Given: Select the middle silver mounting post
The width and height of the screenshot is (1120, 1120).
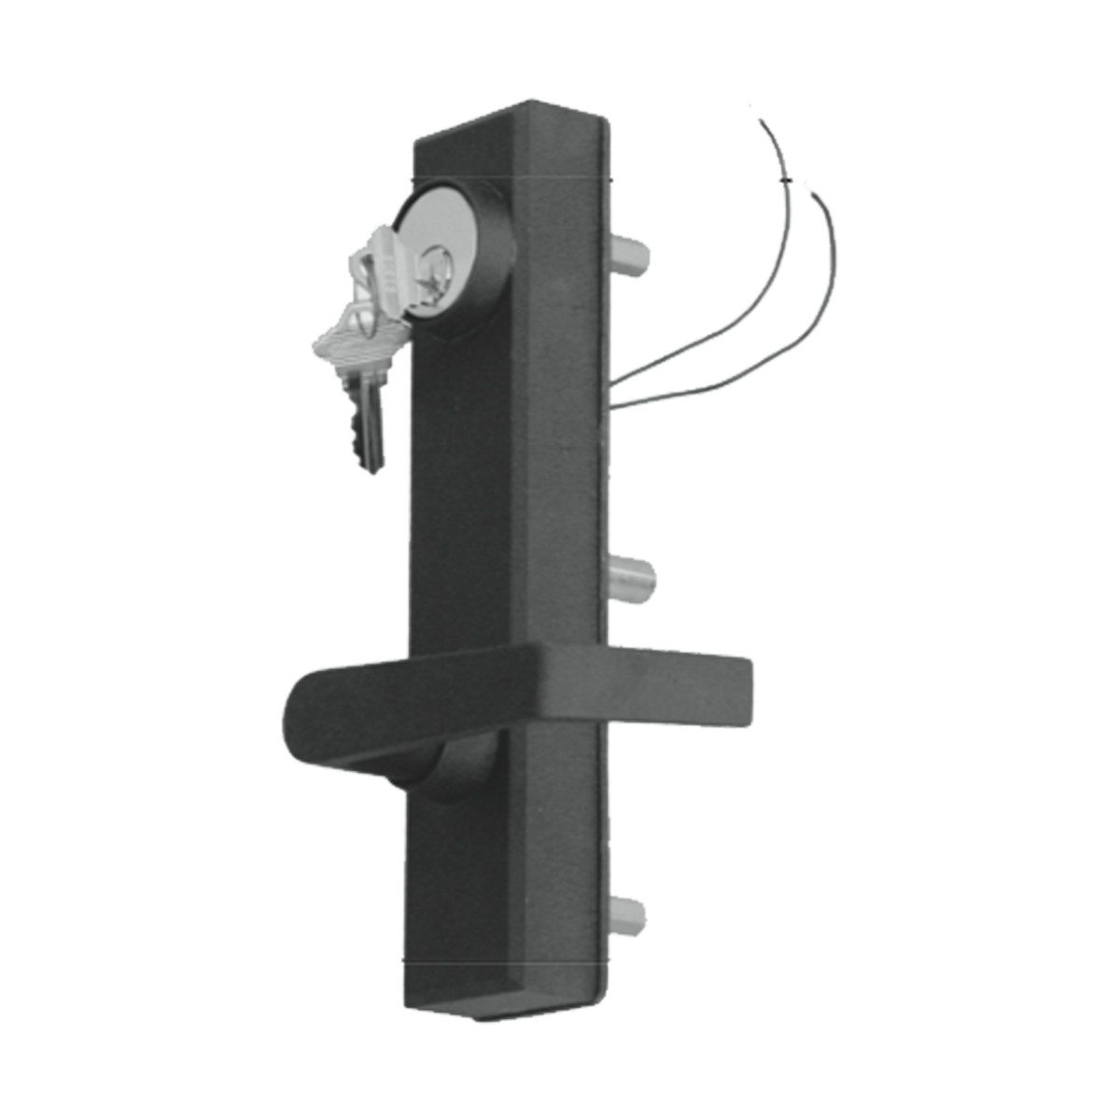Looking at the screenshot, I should pyautogui.click(x=632, y=577).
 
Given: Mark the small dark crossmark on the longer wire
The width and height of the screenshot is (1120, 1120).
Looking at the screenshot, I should pyautogui.click(x=787, y=179).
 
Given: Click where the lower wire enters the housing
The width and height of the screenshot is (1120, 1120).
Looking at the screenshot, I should pyautogui.click(x=611, y=404).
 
